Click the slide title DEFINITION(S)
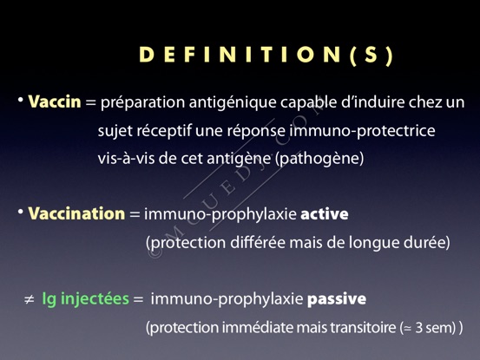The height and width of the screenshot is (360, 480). tap(266, 55)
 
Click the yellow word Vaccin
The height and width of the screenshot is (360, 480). tap(55, 101)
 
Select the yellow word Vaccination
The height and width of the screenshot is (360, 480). tap(76, 213)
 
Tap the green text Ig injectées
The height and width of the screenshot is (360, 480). tap(85, 298)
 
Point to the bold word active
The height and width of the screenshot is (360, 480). tap(325, 213)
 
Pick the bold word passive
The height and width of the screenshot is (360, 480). tap(337, 298)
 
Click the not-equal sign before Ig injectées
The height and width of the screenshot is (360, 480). tap(30, 300)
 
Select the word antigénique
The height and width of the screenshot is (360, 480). tap(233, 102)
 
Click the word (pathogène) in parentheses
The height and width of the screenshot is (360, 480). tap(319, 159)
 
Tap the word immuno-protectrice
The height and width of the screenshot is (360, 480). tap(362, 131)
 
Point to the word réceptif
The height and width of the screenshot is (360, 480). tap(163, 131)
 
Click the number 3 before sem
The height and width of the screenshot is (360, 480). tap(419, 328)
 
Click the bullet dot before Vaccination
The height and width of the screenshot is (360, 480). tap(21, 212)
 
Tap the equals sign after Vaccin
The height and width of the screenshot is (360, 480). tap(90, 102)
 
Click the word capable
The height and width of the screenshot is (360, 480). tap(302, 102)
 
